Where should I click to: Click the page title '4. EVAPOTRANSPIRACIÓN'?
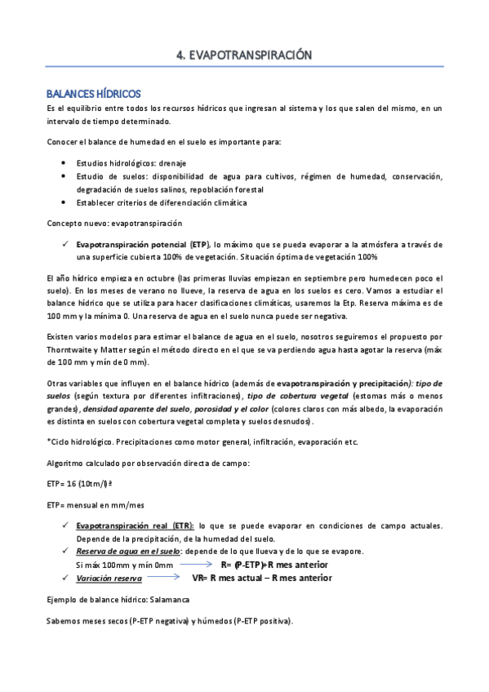pyautogui.click(x=245, y=55)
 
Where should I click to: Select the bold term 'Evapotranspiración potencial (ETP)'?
pyautogui.click(x=143, y=243)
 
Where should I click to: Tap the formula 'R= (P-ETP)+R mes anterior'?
pyautogui.click(x=274, y=565)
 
